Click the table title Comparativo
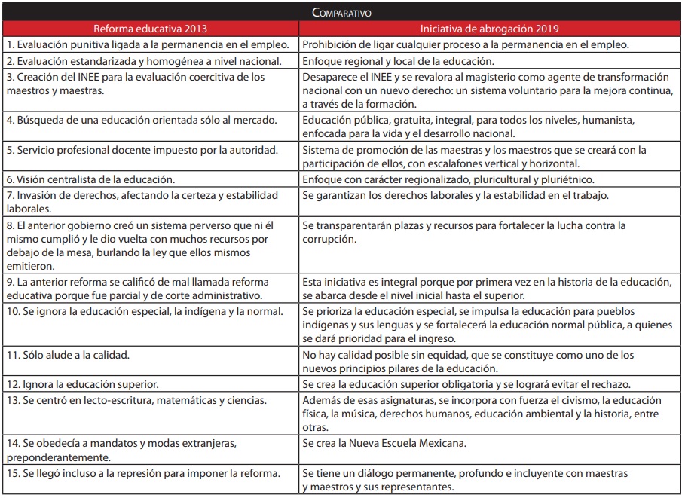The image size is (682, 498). pyautogui.click(x=341, y=13)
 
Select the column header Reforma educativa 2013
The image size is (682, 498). pyautogui.click(x=151, y=29)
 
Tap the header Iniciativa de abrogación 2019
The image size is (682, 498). pyautogui.click(x=490, y=29)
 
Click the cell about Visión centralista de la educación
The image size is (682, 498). pyautogui.click(x=90, y=179)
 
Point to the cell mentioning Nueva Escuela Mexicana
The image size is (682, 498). pyautogui.click(x=384, y=443)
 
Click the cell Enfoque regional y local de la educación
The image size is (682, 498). pyautogui.click(x=398, y=61)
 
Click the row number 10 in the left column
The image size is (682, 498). pyautogui.click(x=12, y=311)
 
